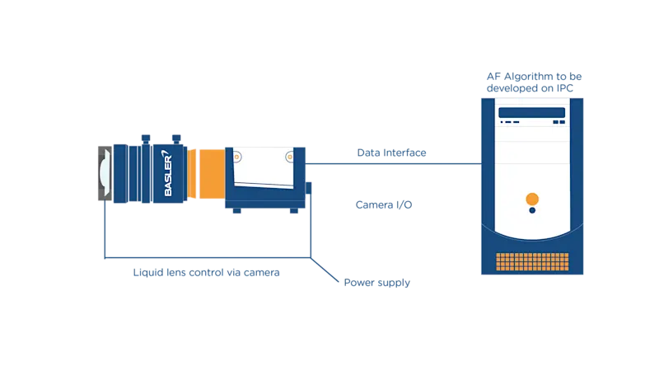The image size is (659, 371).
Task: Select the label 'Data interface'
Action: (391, 153)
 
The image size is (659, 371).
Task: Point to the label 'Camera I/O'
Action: (384, 204)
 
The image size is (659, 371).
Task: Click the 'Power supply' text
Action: (376, 283)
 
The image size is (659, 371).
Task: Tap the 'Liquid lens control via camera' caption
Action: (207, 272)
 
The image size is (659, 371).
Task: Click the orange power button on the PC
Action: (532, 198)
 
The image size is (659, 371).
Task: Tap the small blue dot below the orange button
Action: (532, 210)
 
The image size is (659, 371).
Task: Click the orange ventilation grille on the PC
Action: (533, 262)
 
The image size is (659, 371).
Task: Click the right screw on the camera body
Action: (287, 154)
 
